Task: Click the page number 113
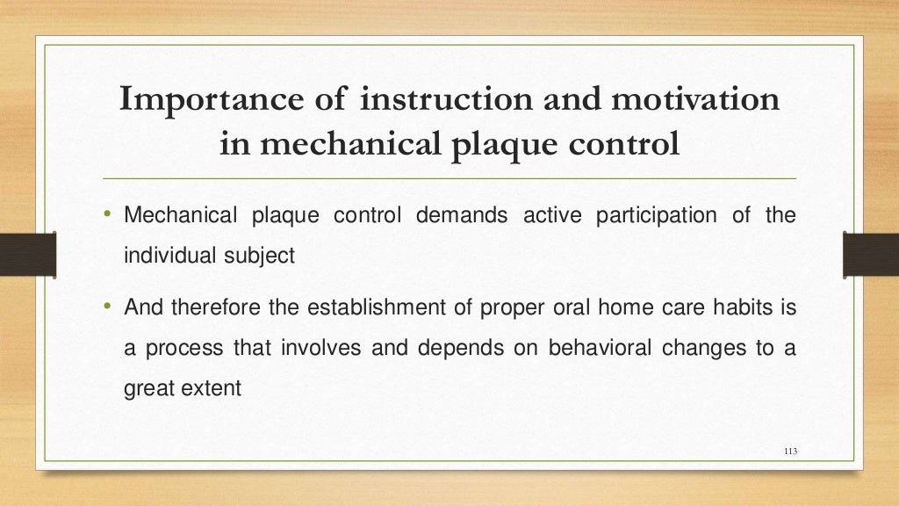pos(788,452)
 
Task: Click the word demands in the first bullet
pos(461,216)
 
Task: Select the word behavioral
pos(600,348)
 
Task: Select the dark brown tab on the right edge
pos(870,254)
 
